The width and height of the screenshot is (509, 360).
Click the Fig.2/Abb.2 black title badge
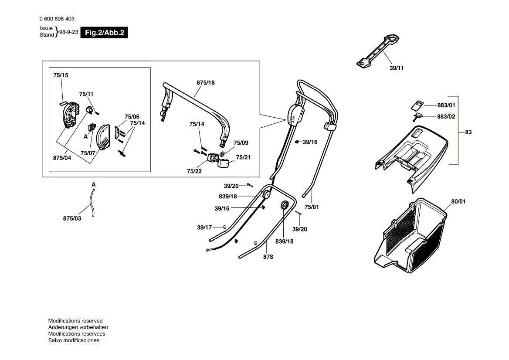[x=104, y=32]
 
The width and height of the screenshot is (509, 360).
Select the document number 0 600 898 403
[x=57, y=19]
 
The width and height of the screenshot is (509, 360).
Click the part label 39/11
[x=397, y=68]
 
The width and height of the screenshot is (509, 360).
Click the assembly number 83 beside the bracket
[x=468, y=132]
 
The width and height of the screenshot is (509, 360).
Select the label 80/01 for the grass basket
[x=458, y=201]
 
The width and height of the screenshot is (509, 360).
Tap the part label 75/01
[x=312, y=207]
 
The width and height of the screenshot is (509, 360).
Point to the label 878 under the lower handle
[x=268, y=257]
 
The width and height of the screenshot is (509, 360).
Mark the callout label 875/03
[x=72, y=218]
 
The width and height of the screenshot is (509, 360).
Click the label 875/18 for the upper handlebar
[x=206, y=82]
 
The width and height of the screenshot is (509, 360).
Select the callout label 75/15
[x=61, y=75]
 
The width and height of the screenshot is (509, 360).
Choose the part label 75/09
[x=241, y=143]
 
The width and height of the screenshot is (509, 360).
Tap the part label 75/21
[x=243, y=157]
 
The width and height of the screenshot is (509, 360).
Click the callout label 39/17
[x=204, y=227]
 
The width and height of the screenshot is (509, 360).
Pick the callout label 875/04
[x=62, y=158]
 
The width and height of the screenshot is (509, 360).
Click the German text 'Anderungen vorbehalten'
[x=78, y=327]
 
